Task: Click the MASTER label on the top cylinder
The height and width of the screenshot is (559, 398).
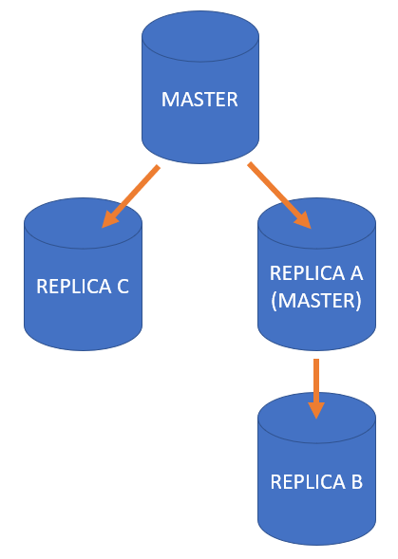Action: (x=199, y=99)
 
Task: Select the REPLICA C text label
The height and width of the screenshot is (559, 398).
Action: (x=83, y=287)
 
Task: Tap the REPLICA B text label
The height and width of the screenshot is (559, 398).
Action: (x=316, y=481)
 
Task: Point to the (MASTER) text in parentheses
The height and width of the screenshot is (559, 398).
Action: (x=316, y=301)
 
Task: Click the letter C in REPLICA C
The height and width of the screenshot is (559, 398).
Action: (x=123, y=287)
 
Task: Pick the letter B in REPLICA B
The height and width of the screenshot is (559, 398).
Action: (x=357, y=481)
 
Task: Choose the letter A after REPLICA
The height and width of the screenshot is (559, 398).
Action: (x=356, y=273)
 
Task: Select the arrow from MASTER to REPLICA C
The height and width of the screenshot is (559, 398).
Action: (x=131, y=196)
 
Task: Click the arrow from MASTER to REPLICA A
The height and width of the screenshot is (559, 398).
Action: (x=280, y=196)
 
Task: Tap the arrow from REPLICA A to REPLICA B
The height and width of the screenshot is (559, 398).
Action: (x=316, y=388)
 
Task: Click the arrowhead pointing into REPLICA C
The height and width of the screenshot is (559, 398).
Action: (x=109, y=219)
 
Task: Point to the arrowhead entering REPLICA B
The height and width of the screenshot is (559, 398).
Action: (x=316, y=410)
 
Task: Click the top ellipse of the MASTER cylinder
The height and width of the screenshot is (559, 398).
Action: (x=200, y=36)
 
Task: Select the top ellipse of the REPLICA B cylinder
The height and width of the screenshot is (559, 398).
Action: (x=316, y=418)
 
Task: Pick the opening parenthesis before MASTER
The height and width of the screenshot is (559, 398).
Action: (x=274, y=301)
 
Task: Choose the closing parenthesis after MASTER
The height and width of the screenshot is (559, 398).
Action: (x=359, y=301)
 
